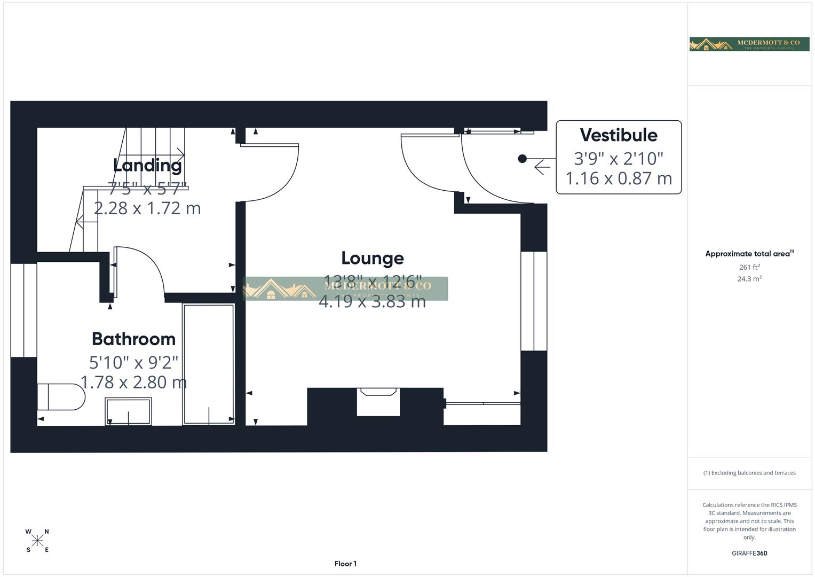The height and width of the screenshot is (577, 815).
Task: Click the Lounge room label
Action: (x=372, y=258)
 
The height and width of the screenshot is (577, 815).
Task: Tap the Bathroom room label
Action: (x=133, y=339)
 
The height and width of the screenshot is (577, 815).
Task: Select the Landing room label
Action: (x=147, y=165)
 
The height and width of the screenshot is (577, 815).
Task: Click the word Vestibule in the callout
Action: (x=618, y=135)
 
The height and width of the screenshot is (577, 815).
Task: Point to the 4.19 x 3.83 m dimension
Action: (x=372, y=302)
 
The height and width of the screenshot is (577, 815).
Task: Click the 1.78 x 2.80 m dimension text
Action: (x=133, y=383)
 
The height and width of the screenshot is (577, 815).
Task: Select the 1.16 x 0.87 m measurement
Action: (x=618, y=178)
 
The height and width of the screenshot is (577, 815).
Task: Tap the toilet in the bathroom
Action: (x=60, y=397)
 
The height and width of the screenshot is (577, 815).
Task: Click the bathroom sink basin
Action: (x=128, y=411)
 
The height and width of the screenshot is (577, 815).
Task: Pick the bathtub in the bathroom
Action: (x=208, y=364)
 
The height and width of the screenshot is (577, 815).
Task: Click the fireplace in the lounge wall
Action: (x=378, y=402)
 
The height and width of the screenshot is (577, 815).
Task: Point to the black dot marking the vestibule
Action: (x=523, y=159)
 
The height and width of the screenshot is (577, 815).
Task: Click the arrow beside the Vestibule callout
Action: (x=542, y=167)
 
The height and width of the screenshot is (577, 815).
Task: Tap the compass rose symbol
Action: (x=37, y=541)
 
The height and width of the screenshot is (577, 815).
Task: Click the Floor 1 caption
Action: (x=345, y=564)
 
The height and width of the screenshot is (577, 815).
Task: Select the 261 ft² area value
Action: (x=749, y=267)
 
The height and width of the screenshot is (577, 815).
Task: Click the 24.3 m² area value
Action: (x=749, y=279)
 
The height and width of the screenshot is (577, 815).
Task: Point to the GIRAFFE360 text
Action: (x=749, y=553)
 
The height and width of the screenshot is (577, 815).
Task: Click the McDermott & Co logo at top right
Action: (x=749, y=44)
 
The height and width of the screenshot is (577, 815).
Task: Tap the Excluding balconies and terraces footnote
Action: (x=749, y=473)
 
